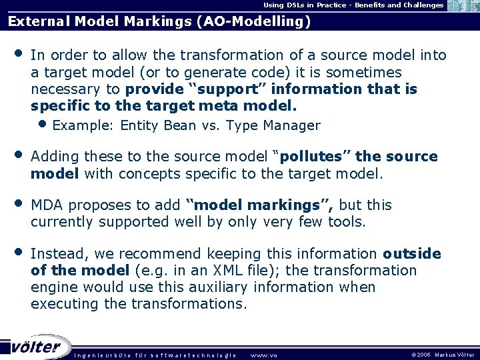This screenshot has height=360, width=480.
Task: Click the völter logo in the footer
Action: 37,347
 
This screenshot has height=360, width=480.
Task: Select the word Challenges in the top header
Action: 422,5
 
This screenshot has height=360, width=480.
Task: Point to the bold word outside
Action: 412,254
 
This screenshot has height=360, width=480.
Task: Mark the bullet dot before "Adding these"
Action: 18,156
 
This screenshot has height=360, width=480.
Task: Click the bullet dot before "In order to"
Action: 18,54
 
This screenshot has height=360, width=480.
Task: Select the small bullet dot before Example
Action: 43,124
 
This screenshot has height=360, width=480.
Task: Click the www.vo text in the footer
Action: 263,355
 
